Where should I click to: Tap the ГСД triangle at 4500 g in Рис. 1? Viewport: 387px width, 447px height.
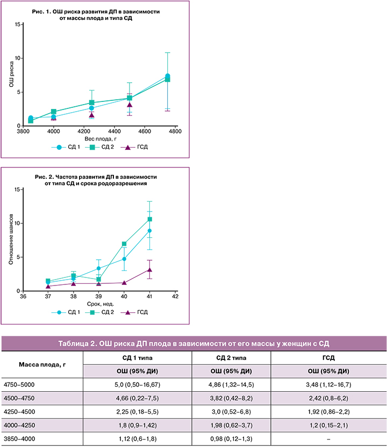(130, 105)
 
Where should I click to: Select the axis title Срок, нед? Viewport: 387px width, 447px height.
(99, 304)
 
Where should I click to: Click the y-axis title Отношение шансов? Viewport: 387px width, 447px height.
(11, 240)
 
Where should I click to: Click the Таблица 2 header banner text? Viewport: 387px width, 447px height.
(193, 343)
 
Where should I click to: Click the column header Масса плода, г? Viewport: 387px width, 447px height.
(42, 364)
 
